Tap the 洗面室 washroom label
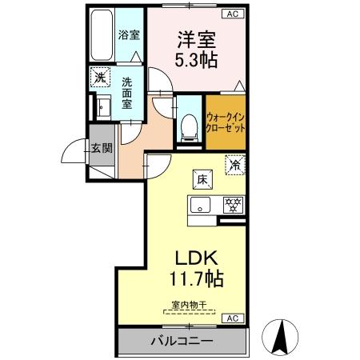coord(127,92)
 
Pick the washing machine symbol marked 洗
coord(100,78)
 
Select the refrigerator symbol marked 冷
coord(235,166)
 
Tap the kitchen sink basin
coord(200,205)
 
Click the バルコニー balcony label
coord(183,342)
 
